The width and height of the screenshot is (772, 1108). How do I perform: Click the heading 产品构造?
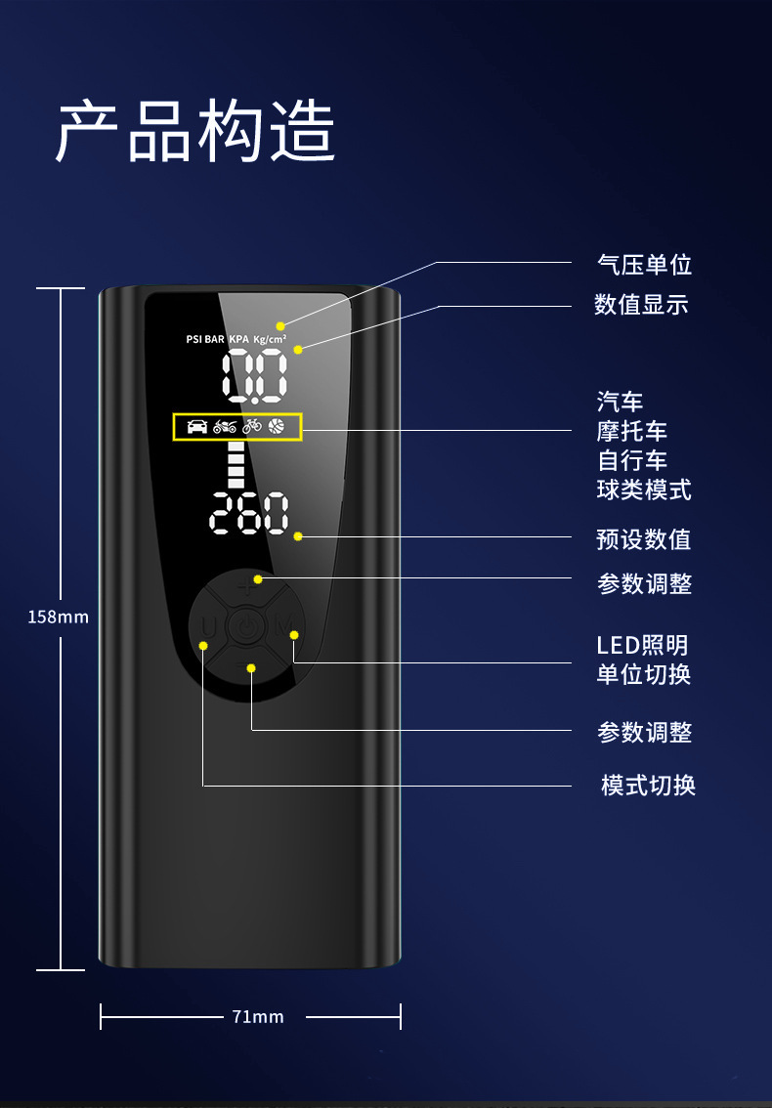point(195,131)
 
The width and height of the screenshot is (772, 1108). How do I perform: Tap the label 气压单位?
point(644,264)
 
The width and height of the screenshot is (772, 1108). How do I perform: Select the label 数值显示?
point(641,304)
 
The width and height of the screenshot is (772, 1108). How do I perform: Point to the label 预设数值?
point(644,538)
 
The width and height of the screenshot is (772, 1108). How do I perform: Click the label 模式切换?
point(648,785)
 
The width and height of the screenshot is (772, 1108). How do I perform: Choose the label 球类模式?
point(644,490)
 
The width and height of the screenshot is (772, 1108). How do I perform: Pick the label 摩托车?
point(632,431)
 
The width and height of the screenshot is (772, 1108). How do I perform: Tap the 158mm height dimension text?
point(58,617)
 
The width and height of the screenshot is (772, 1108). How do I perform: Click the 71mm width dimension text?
point(258,1017)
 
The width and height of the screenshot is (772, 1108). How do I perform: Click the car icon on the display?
point(197,426)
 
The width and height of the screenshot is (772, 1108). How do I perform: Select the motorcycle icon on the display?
point(225,426)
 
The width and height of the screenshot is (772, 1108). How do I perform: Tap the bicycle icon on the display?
point(252,426)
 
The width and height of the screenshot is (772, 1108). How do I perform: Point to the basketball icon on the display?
point(278,426)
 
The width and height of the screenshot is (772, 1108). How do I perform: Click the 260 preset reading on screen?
point(250,513)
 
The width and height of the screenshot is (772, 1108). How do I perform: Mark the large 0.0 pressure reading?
point(254,376)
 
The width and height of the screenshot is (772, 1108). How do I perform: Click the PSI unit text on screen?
point(193,339)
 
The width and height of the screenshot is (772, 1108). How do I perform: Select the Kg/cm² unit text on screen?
point(270,339)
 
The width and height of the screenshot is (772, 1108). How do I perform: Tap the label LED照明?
point(642,645)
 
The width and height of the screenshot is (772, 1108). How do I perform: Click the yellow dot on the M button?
point(293,635)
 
